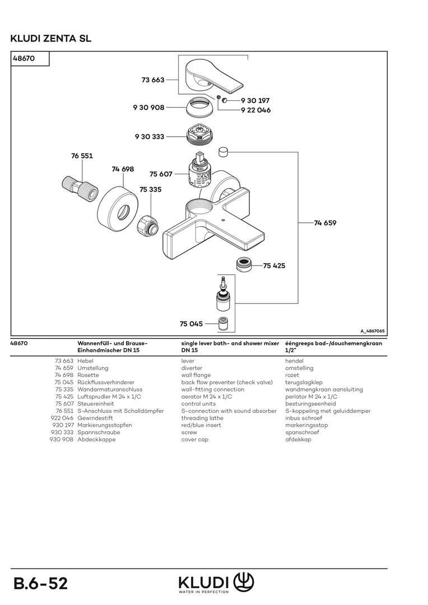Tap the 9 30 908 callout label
click(148, 107)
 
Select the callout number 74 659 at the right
click(325, 223)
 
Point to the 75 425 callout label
click(274, 266)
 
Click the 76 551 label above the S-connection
click(82, 156)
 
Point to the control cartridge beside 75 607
click(199, 171)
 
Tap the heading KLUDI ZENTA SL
click(50, 39)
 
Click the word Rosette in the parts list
click(89, 375)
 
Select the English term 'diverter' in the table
click(192, 368)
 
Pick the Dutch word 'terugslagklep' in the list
click(303, 383)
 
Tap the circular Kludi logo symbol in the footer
click(244, 581)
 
